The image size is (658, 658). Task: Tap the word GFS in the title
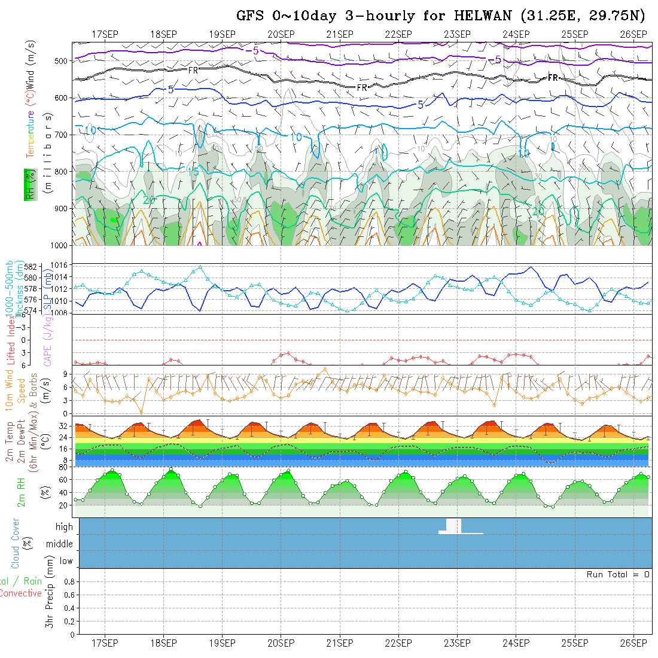point(249,16)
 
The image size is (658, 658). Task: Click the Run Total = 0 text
point(618,574)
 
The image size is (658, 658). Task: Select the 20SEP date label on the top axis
point(281,33)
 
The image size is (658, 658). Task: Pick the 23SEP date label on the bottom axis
point(457,643)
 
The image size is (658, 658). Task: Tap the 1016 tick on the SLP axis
point(62,265)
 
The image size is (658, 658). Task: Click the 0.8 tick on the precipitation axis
point(68,581)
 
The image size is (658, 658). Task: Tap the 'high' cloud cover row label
point(65,527)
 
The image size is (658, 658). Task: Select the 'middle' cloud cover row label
point(60,544)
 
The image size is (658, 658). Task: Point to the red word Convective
point(20,593)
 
